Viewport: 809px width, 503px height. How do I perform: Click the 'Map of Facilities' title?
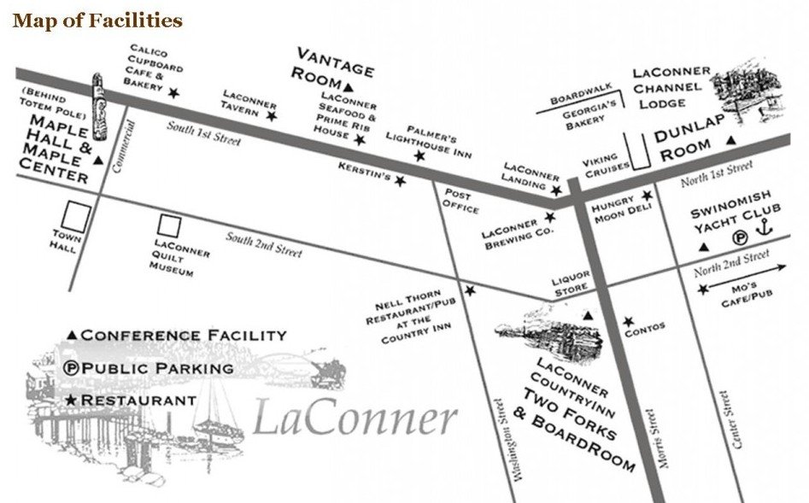point(97,20)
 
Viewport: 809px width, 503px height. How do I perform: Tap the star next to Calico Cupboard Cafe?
point(174,92)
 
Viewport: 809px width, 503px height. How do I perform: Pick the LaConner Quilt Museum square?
point(169,225)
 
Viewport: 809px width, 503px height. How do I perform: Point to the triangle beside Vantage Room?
point(349,87)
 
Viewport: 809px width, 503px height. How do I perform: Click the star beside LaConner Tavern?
point(272,115)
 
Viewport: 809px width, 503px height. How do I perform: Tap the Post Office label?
point(460,202)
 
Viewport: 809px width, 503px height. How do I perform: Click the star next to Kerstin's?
point(400,180)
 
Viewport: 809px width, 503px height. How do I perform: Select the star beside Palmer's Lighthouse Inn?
point(419,156)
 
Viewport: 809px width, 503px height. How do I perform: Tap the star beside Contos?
point(629,322)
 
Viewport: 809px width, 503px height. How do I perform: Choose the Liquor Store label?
point(570,286)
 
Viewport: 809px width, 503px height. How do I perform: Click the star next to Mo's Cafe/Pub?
point(703,290)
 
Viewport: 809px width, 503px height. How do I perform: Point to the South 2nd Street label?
point(264,244)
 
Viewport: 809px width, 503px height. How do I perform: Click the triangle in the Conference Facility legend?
point(73,335)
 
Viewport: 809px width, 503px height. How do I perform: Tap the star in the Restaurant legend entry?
point(72,401)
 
